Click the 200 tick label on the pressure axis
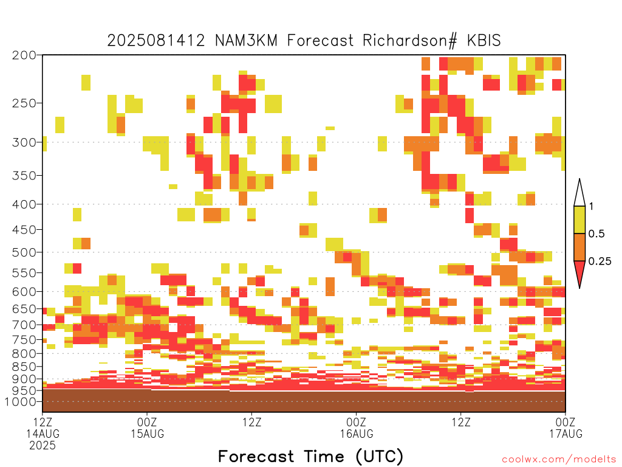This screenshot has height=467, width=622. pyautogui.click(x=24, y=55)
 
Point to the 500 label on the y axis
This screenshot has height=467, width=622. pyautogui.click(x=24, y=252)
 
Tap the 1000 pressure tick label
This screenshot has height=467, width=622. pyautogui.click(x=20, y=402)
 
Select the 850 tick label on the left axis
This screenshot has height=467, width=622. pyautogui.click(x=24, y=367)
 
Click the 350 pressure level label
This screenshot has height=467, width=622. pyautogui.click(x=24, y=176)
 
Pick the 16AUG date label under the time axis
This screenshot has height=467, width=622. pyautogui.click(x=356, y=434)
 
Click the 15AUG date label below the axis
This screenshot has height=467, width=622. pyautogui.click(x=147, y=434)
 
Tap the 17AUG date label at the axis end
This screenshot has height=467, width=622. pyautogui.click(x=566, y=434)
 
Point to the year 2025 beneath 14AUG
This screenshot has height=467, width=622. pyautogui.click(x=43, y=446)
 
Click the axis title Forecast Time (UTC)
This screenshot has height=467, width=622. pyautogui.click(x=310, y=456)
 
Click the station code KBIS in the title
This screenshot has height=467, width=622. pyautogui.click(x=484, y=41)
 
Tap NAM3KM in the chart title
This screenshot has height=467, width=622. pyautogui.click(x=246, y=41)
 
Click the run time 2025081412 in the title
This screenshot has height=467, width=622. pyautogui.click(x=156, y=41)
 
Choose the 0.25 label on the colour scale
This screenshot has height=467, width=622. pyautogui.click(x=600, y=261)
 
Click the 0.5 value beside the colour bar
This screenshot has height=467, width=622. pyautogui.click(x=596, y=234)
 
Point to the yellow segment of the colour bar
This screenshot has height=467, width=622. pyautogui.click(x=579, y=220)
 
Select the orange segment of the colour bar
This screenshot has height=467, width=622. pyautogui.click(x=579, y=247)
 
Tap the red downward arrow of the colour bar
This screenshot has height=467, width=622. pyautogui.click(x=579, y=272)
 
